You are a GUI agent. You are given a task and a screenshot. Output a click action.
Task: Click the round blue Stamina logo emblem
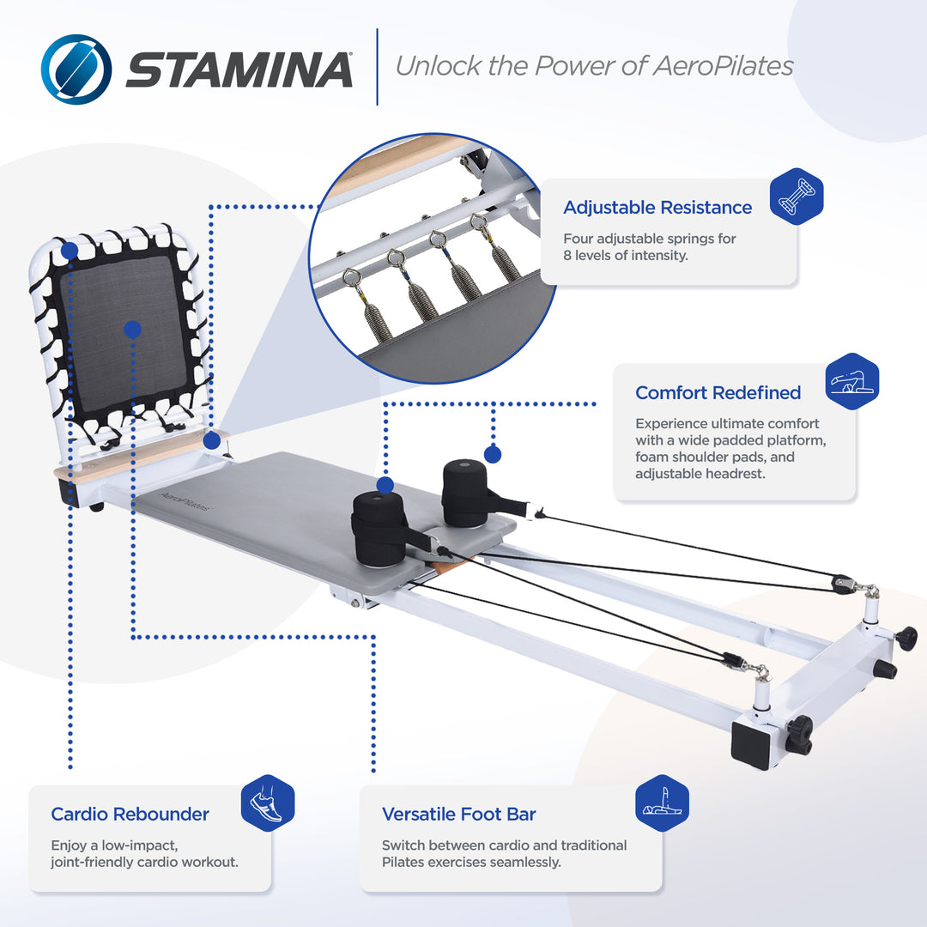(76, 69)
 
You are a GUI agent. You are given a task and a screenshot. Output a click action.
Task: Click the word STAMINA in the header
(239, 70)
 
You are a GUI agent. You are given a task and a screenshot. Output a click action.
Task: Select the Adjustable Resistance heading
(657, 207)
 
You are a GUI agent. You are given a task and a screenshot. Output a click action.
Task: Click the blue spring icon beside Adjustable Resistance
(797, 196)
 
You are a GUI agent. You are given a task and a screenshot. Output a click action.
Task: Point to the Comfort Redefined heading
(718, 392)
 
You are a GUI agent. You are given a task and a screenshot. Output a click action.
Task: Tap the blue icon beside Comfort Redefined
(852, 381)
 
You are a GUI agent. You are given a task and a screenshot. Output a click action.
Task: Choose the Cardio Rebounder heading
(130, 814)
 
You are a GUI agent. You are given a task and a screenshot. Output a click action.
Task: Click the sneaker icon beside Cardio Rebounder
(268, 803)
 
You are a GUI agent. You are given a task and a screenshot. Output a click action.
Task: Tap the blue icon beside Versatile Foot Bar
(662, 803)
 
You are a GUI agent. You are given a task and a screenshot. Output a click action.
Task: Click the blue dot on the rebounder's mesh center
(131, 330)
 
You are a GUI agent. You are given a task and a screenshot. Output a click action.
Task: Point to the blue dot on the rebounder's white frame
(70, 251)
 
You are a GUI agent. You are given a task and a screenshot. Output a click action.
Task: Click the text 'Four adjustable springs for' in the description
(649, 239)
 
